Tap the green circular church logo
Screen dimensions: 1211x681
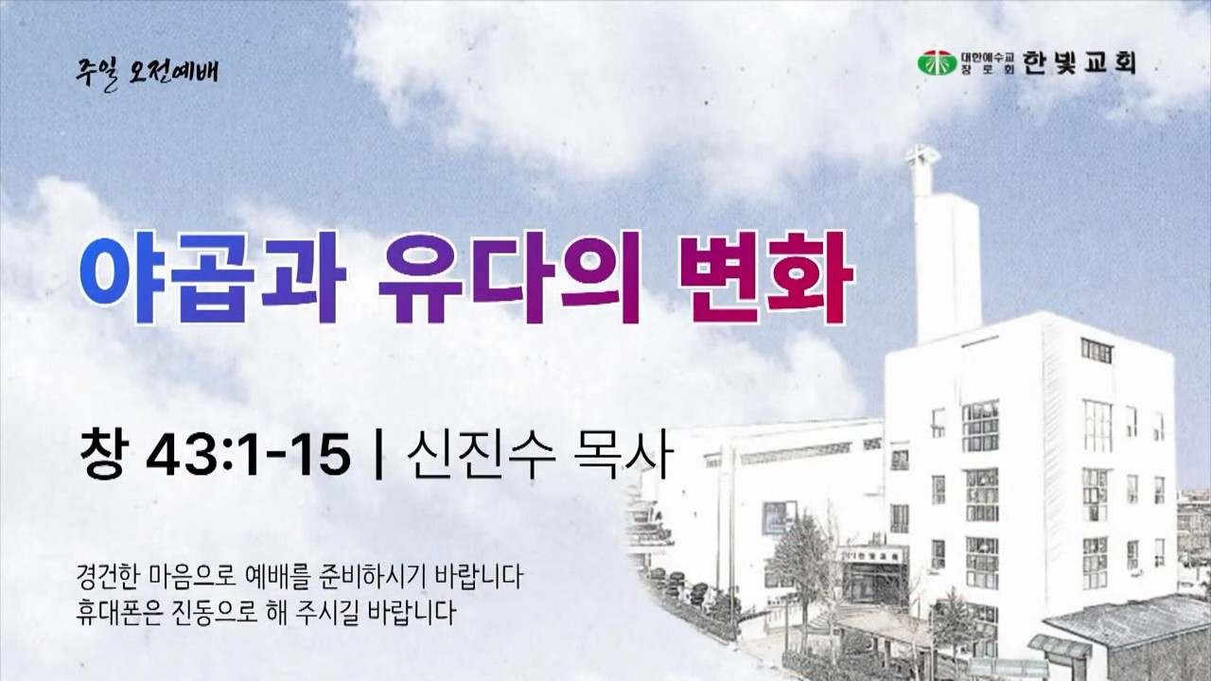937,63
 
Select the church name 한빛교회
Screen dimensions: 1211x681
1079,62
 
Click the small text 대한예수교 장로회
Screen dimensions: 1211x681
988,63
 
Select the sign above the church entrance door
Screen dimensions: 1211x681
872,554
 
